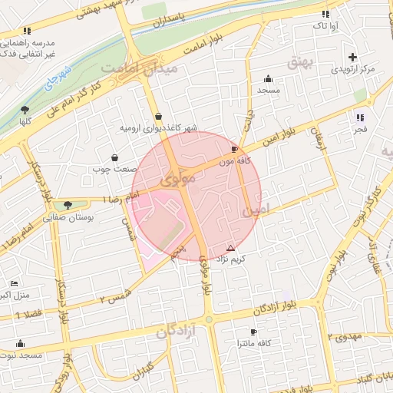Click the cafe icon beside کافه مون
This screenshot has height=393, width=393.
pos(234,149)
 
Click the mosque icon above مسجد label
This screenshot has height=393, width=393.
pos(268,78)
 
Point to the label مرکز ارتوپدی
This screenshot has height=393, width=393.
pos(352,69)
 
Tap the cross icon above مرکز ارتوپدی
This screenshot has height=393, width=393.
pos(352,57)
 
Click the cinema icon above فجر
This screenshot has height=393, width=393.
pos(360,117)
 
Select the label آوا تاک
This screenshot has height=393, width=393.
pos(322,26)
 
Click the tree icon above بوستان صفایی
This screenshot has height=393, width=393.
pos(69,205)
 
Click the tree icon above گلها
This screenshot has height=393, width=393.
pos(25,110)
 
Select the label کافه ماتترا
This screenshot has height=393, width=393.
pos(253,345)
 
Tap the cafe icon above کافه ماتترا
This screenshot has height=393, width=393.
pos(253,332)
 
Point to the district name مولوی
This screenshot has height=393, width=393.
pos(180,178)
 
